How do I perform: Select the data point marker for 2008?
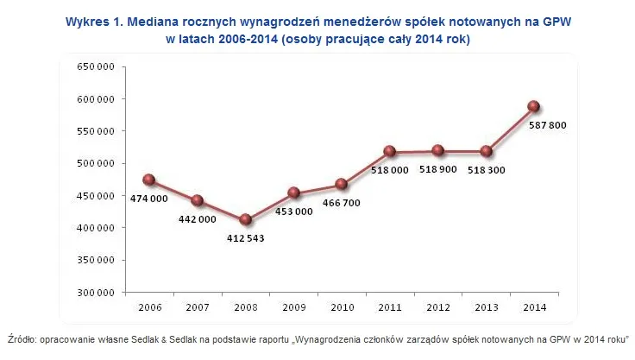245,220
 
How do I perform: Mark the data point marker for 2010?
341,184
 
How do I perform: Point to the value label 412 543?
245,238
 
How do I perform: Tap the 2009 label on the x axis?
293,306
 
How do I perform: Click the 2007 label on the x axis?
197,306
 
